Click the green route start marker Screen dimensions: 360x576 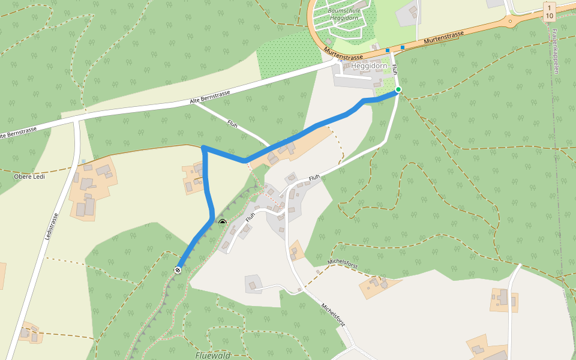point(398,90)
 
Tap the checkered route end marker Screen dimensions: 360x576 point(178,270)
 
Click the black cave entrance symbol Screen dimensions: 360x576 point(222,223)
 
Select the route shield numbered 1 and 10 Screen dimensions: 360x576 point(550,11)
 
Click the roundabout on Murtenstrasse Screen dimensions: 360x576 point(511,21)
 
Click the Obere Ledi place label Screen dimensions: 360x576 point(29,176)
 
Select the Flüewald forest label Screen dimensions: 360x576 point(213,355)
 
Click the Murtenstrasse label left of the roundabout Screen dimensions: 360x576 point(443,38)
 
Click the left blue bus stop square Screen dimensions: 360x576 point(388,50)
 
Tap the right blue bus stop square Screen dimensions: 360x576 point(403,47)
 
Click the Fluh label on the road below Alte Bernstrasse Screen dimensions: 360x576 point(233,123)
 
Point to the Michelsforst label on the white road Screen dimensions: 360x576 point(333,315)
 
